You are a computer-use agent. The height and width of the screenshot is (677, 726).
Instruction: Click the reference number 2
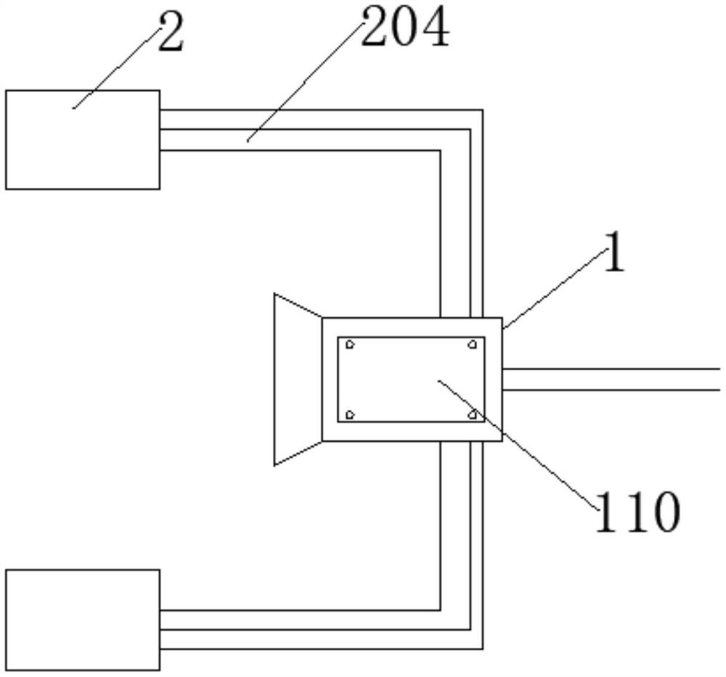tap(171, 35)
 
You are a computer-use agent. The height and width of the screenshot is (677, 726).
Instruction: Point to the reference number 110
tap(637, 512)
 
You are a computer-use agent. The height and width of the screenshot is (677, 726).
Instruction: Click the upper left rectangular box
tap(83, 140)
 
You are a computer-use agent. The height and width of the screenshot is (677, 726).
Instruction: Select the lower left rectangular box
tap(83, 619)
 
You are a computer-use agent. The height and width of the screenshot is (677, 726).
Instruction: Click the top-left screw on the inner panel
tap(350, 345)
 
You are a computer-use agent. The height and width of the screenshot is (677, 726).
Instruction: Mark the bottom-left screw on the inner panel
tap(350, 414)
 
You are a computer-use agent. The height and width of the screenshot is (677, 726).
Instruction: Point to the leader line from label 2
tap(116, 70)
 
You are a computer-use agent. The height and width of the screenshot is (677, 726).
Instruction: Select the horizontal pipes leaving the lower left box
tap(290, 629)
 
